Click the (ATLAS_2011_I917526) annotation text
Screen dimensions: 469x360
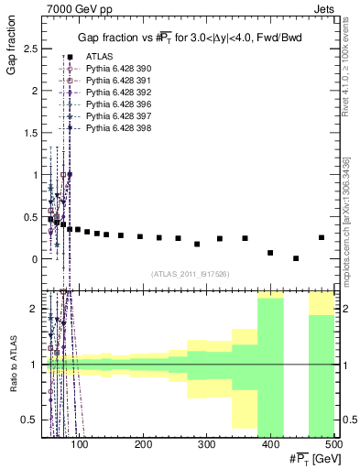(x=190, y=274)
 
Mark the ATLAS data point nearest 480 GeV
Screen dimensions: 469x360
(x=322, y=237)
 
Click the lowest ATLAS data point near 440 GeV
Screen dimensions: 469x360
(x=296, y=258)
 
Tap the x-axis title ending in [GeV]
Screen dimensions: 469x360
(x=313, y=458)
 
